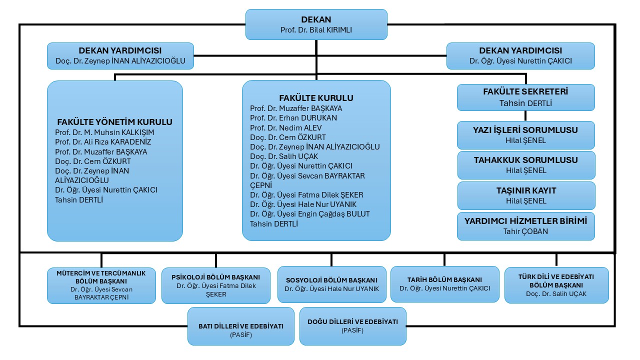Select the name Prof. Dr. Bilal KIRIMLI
(316, 30)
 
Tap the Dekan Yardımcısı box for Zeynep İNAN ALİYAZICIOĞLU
(120, 56)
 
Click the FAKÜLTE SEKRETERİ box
(525, 97)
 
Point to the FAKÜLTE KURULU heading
(316, 98)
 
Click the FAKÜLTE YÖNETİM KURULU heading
(114, 122)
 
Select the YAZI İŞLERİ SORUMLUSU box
(525, 135)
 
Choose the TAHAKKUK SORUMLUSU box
(525, 165)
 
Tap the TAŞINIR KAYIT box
(525, 195)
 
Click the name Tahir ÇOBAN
(525, 231)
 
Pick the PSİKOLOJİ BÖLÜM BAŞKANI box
(215, 285)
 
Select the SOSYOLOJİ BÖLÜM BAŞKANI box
(331, 284)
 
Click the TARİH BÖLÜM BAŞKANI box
(444, 284)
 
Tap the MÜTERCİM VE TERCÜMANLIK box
(101, 285)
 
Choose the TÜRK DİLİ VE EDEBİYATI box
(556, 285)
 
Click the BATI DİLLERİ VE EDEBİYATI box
(240, 326)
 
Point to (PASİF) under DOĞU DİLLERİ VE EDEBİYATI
(353, 331)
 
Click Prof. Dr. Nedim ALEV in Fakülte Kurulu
(279, 127)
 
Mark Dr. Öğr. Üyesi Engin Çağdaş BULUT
(310, 214)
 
